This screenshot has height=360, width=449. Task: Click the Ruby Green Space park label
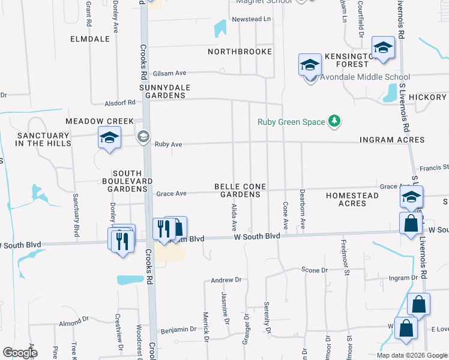pyautogui.click(x=291, y=122)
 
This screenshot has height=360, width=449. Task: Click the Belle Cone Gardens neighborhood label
pyautogui.click(x=240, y=191)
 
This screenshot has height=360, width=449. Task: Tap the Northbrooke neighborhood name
pyautogui.click(x=240, y=52)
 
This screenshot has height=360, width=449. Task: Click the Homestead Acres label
pyautogui.click(x=352, y=200)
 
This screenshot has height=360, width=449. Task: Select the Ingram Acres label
pyautogui.click(x=392, y=140)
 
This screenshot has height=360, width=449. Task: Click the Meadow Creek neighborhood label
pyautogui.click(x=100, y=121)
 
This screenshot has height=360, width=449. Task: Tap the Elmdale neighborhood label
pyautogui.click(x=90, y=39)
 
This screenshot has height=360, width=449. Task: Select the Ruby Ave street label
pyautogui.click(x=168, y=145)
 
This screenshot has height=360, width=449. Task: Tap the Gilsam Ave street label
pyautogui.click(x=170, y=73)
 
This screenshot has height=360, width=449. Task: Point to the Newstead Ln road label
pyautogui.click(x=252, y=20)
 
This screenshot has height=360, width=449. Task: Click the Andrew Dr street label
pyautogui.click(x=226, y=280)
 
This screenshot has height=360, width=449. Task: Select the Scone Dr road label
pyautogui.click(x=315, y=271)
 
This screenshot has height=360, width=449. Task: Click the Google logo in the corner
pyautogui.click(x=20, y=353)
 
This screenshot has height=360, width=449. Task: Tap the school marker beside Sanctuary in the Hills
pyautogui.click(x=110, y=139)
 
